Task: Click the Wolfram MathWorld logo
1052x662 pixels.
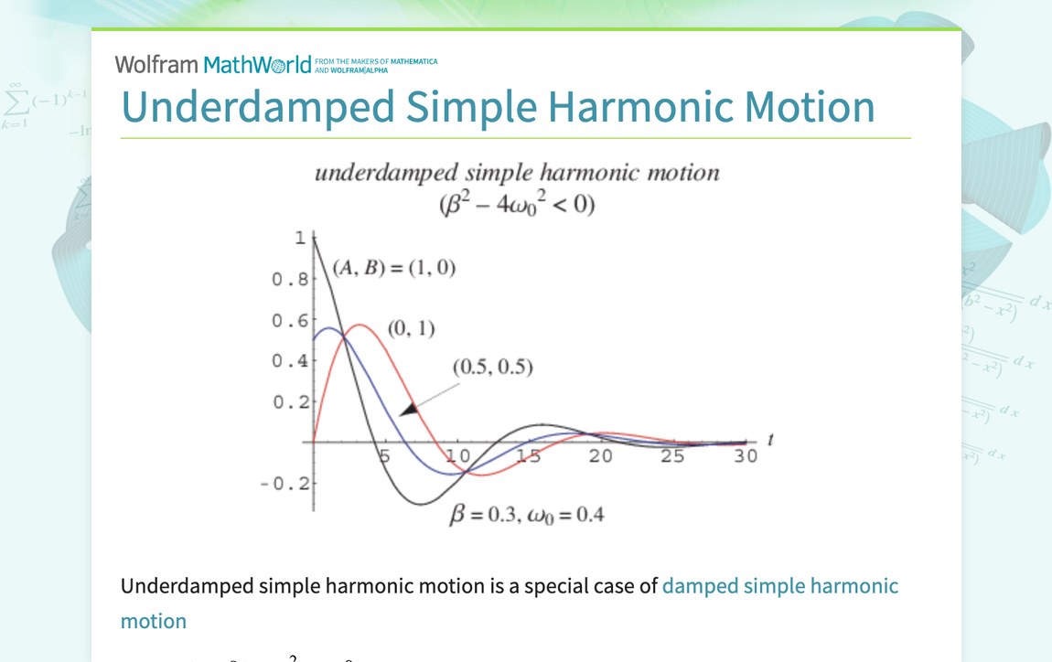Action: pos(212,64)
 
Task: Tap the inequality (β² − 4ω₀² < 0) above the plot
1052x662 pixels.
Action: pos(517,203)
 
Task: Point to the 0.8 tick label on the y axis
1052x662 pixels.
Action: pos(290,279)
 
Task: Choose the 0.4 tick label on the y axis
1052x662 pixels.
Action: pos(290,361)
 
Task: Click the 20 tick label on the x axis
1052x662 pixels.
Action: pos(600,455)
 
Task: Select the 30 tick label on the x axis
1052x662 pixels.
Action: pos(746,455)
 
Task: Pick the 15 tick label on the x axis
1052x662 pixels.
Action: pos(528,455)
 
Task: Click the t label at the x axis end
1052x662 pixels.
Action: pos(770,440)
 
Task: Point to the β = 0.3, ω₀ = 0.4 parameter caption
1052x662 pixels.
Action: pos(526,515)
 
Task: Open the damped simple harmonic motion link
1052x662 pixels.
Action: pos(779,586)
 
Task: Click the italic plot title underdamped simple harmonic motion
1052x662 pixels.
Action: pos(517,173)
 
